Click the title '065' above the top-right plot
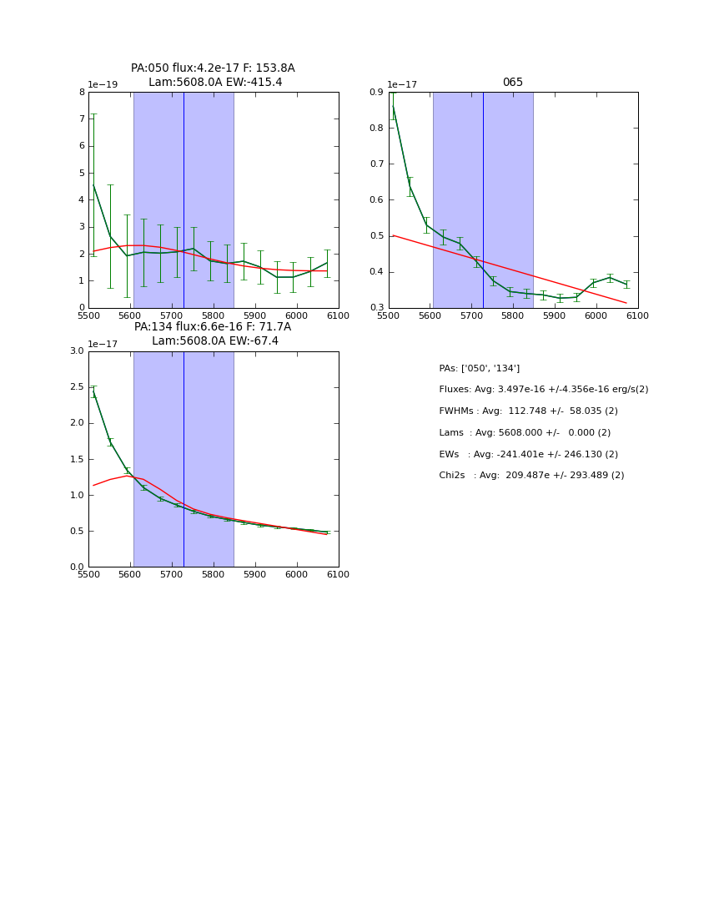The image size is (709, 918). pyautogui.click(x=513, y=83)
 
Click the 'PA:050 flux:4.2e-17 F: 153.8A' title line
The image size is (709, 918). pyautogui.click(x=213, y=68)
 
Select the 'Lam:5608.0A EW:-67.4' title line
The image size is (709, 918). pyautogui.click(x=215, y=341)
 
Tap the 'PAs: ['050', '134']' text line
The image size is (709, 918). pyautogui.click(x=480, y=368)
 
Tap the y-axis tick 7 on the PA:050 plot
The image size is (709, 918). pyautogui.click(x=82, y=119)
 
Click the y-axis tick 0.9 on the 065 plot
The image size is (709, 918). pyautogui.click(x=375, y=93)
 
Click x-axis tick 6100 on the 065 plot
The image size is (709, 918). pyautogui.click(x=638, y=315)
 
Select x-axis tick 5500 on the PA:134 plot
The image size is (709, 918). pyautogui.click(x=88, y=574)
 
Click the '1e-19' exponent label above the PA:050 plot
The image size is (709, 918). pyautogui.click(x=103, y=85)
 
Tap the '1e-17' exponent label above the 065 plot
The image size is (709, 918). pyautogui.click(x=403, y=85)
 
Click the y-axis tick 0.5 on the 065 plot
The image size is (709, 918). pyautogui.click(x=375, y=236)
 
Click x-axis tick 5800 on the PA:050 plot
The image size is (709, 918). pyautogui.click(x=214, y=315)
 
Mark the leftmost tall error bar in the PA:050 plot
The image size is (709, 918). pyautogui.click(x=93, y=184)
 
